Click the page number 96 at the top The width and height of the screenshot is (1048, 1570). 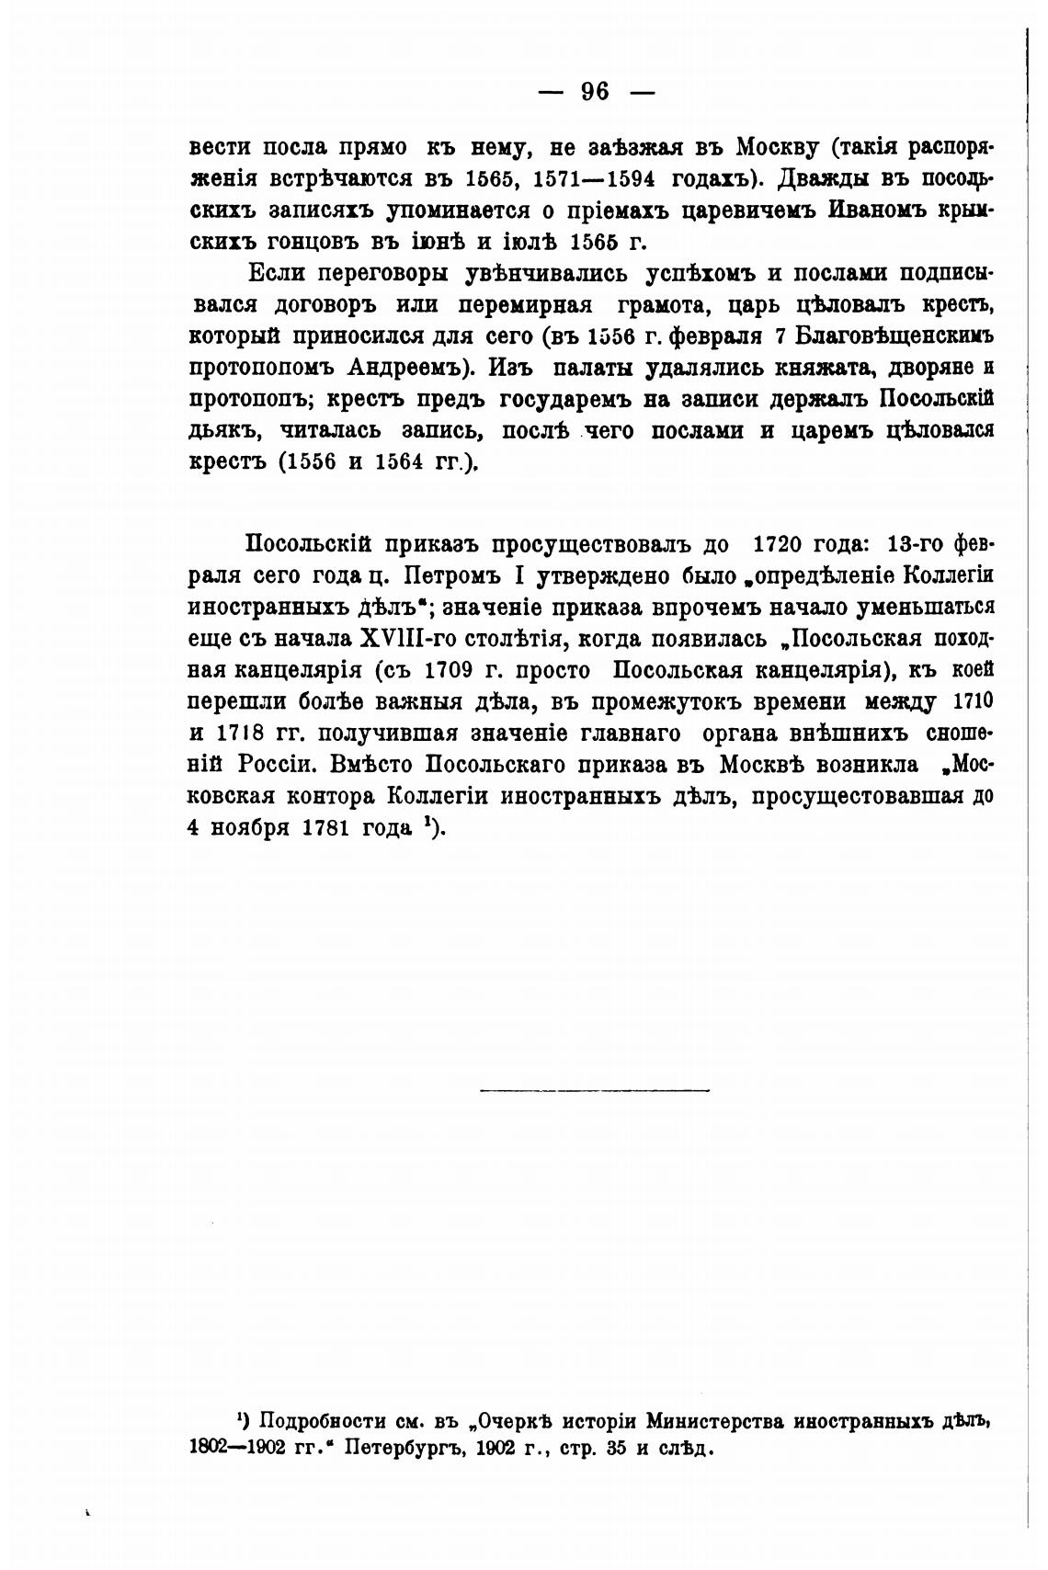(594, 91)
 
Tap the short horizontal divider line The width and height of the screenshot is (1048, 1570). (595, 1091)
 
